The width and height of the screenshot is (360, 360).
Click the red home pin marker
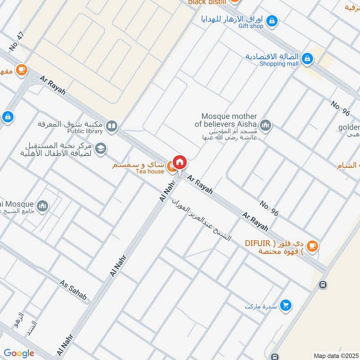pos(180,162)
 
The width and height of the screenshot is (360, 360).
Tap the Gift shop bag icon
pos(272,20)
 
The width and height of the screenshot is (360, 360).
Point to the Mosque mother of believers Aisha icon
pos(265,125)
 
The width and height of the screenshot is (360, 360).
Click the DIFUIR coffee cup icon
pos(312,246)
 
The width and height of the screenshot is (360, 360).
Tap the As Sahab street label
pos(72,290)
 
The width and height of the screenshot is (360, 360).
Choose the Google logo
pos(19,353)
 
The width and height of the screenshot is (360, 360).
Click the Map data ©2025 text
pos(336,356)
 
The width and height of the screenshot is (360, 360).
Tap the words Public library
pos(85,131)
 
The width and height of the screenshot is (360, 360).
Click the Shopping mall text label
pos(279,64)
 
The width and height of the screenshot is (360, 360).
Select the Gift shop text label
pos(251,26)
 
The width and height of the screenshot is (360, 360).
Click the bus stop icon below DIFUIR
pos(322,285)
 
